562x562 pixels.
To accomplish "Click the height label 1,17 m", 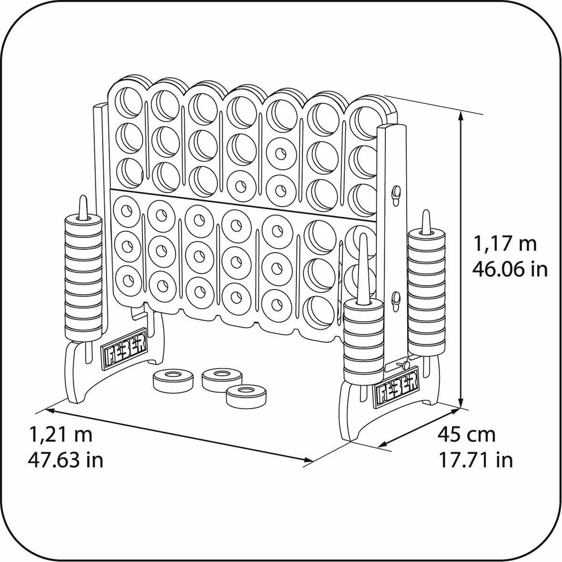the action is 505,244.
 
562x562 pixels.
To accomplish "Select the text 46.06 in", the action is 510,269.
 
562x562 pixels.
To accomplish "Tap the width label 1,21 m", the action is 60,434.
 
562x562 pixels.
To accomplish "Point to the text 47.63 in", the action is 66,459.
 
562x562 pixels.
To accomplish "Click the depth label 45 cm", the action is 466,435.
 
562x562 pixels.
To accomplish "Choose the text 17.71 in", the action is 476,459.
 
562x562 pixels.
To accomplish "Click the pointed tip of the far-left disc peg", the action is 83,197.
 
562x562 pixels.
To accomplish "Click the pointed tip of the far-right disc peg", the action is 425,212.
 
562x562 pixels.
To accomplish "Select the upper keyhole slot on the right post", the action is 396,194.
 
